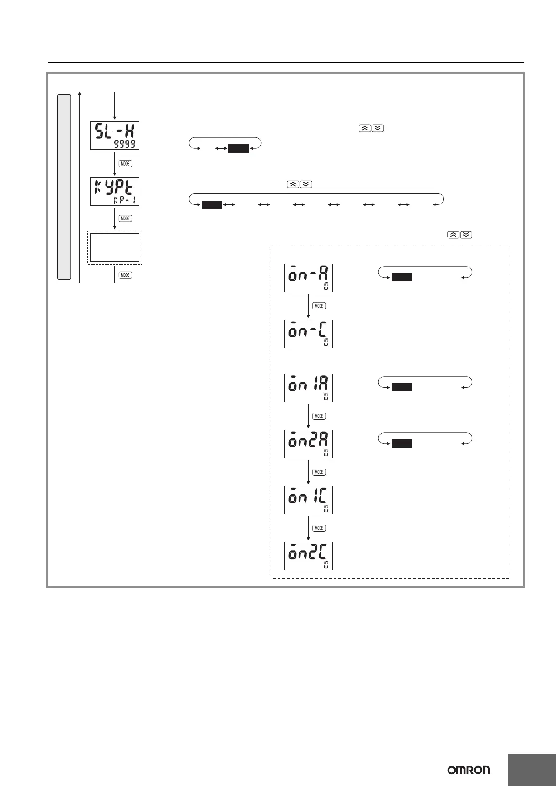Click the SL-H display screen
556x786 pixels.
click(x=114, y=135)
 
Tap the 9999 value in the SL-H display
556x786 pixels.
click(x=125, y=144)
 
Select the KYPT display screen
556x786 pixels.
click(x=114, y=191)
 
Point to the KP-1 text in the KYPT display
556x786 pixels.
click(x=125, y=200)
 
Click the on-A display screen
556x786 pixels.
click(x=308, y=278)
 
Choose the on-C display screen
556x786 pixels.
click(x=308, y=334)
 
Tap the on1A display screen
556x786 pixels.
click(x=308, y=388)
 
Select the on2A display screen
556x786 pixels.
click(x=308, y=444)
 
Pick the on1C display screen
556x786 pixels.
click(x=308, y=500)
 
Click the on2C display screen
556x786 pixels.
click(x=308, y=556)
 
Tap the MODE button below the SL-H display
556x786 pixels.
click(x=125, y=164)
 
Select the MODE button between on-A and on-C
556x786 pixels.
click(x=319, y=306)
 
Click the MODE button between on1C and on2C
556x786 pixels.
click(x=319, y=528)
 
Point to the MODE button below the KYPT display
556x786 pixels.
click(x=125, y=218)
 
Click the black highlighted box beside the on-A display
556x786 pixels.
click(x=402, y=277)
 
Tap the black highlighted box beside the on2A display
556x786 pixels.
click(x=402, y=443)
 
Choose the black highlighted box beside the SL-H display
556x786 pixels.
click(x=238, y=149)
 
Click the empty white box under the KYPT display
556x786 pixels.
click(x=114, y=248)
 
